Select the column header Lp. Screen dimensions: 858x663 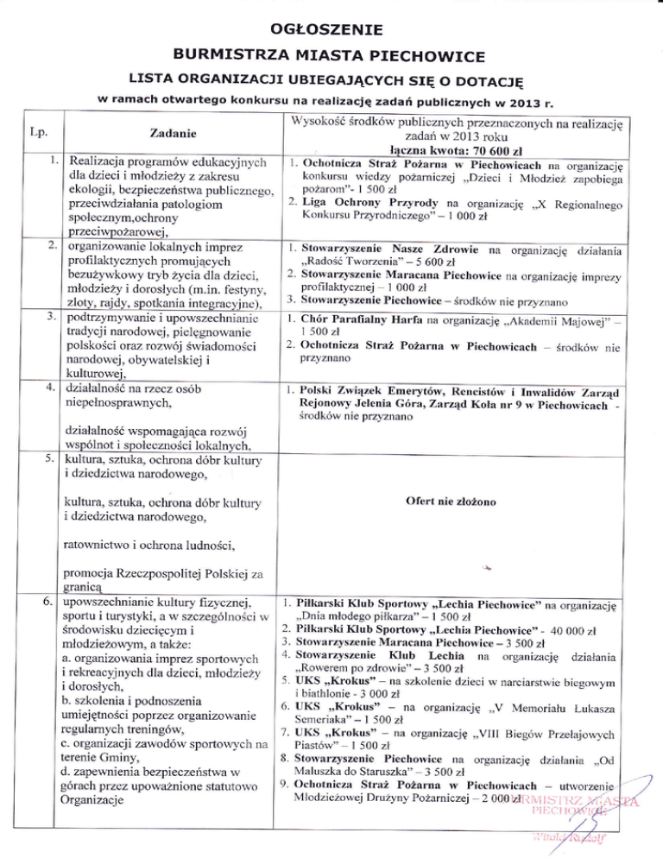pos(38,134)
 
